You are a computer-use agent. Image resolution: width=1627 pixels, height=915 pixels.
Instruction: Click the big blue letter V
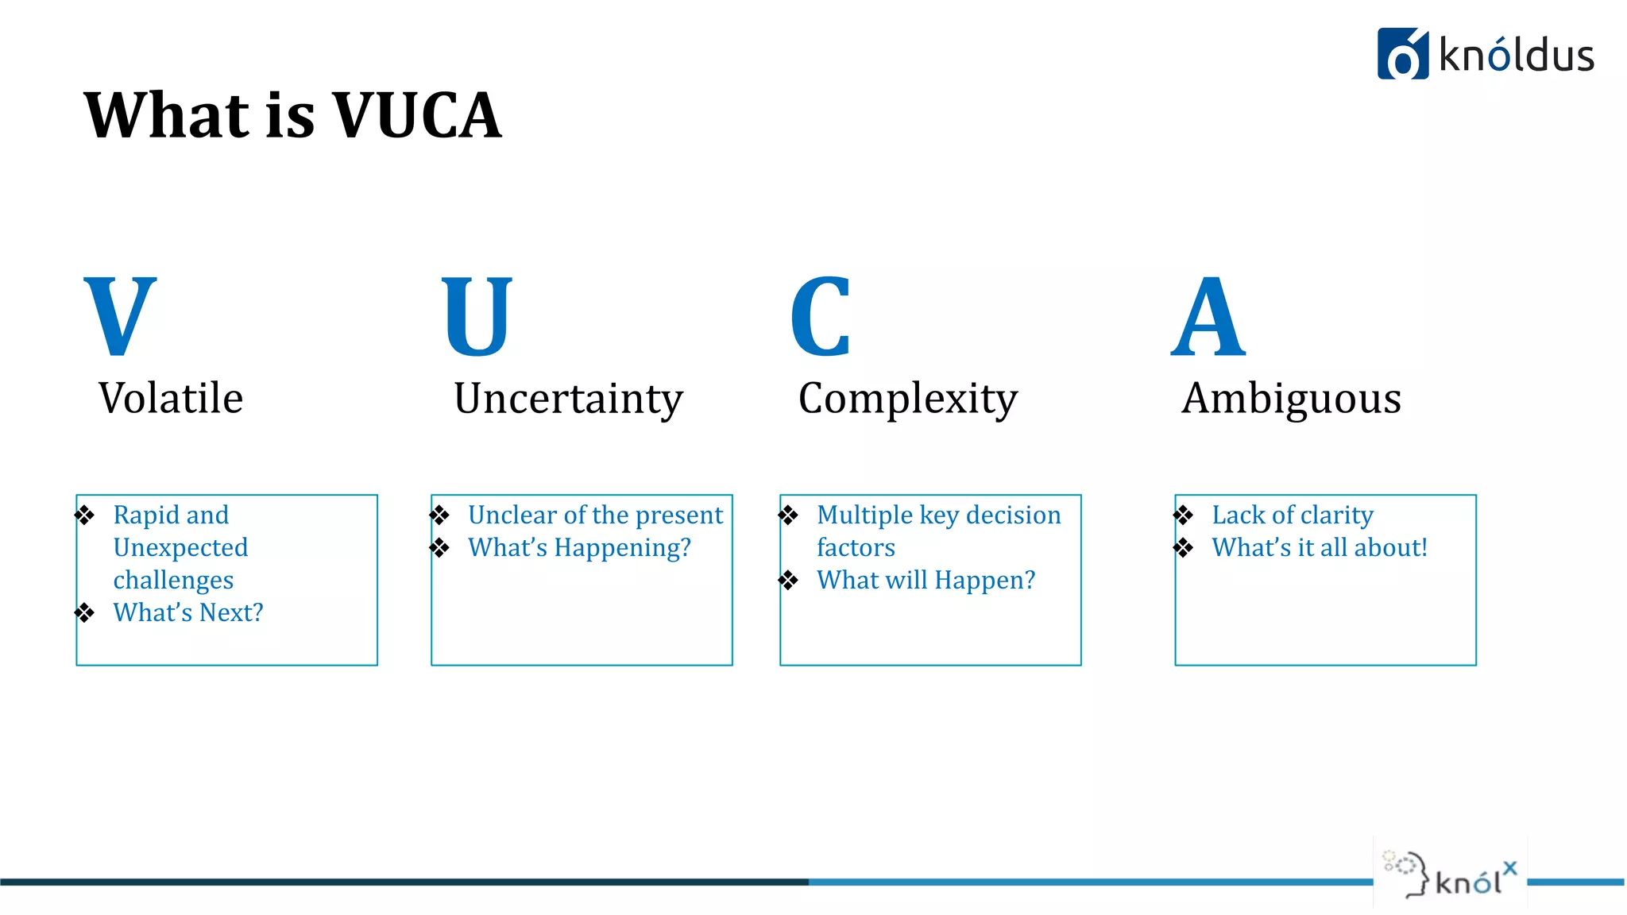pyautogui.click(x=120, y=315)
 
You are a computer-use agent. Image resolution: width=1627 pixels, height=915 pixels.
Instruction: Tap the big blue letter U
pyautogui.click(x=477, y=315)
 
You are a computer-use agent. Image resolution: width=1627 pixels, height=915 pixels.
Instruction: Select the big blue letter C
pyautogui.click(x=821, y=315)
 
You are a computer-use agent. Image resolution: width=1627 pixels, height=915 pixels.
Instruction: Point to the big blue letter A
pyautogui.click(x=1208, y=315)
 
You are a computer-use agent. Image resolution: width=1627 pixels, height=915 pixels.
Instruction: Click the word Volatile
pyautogui.click(x=171, y=398)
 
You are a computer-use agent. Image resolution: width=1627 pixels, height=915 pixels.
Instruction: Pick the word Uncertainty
pyautogui.click(x=568, y=400)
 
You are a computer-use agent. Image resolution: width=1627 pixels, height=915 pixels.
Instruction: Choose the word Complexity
pyautogui.click(x=908, y=400)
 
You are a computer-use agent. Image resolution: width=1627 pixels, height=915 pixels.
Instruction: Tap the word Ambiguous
pyautogui.click(x=1291, y=400)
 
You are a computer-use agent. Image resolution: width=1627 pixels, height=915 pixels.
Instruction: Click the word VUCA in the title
pyautogui.click(x=417, y=115)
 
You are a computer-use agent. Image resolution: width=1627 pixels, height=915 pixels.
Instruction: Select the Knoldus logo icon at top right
pyautogui.click(x=1402, y=54)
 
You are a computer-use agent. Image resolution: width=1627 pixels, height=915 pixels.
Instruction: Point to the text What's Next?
pyautogui.click(x=188, y=612)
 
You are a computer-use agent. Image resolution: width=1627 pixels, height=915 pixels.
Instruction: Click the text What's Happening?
pyautogui.click(x=579, y=547)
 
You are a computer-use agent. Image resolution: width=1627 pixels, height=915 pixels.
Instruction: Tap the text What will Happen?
pyautogui.click(x=926, y=580)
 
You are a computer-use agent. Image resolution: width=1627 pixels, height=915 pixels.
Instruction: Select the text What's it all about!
pyautogui.click(x=1320, y=547)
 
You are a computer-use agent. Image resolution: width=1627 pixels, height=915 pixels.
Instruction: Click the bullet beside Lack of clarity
pyautogui.click(x=1184, y=515)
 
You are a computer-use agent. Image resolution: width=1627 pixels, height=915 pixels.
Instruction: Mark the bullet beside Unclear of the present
pyautogui.click(x=440, y=515)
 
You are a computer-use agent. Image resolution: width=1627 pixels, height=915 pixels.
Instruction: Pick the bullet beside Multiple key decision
pyautogui.click(x=788, y=515)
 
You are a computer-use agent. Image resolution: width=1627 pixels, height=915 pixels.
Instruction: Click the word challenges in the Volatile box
pyautogui.click(x=173, y=581)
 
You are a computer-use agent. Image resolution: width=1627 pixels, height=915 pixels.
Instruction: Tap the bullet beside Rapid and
pyautogui.click(x=85, y=515)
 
